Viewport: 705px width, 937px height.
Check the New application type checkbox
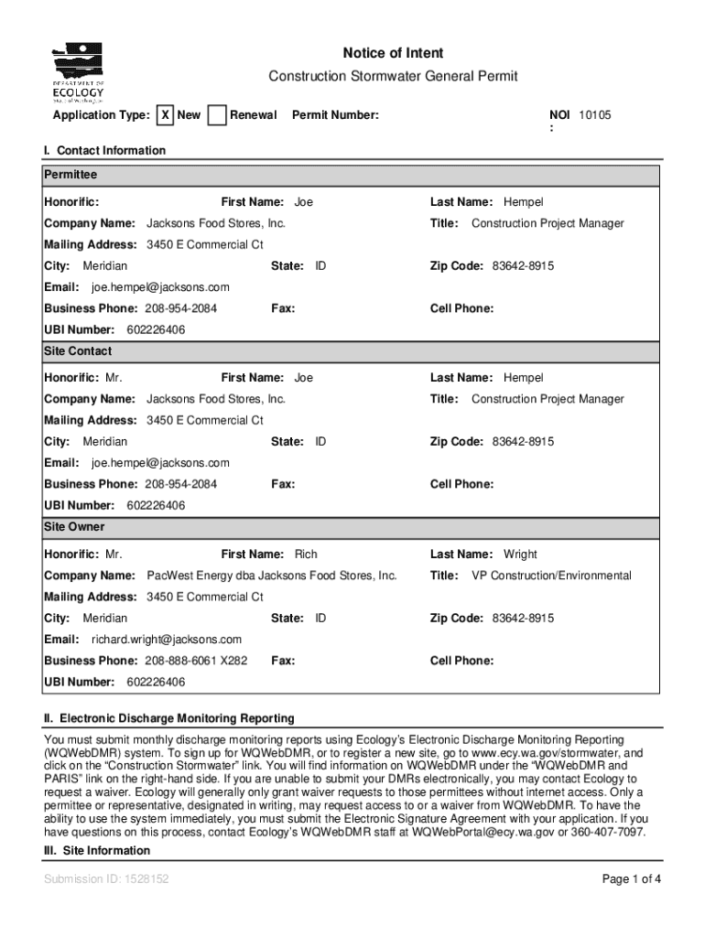click(165, 115)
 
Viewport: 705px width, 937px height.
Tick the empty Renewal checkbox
click(217, 115)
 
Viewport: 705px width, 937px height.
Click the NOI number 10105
click(594, 115)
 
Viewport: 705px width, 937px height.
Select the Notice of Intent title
click(393, 53)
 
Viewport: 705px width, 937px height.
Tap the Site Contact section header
click(78, 350)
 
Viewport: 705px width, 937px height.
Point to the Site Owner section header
click(74, 527)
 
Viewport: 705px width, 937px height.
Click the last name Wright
click(520, 555)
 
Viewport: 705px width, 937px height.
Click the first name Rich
click(306, 555)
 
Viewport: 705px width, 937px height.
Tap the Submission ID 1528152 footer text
click(106, 879)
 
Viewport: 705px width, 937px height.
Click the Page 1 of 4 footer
click(631, 879)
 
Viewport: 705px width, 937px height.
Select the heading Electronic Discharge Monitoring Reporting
click(177, 718)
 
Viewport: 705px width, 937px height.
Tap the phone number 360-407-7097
click(610, 833)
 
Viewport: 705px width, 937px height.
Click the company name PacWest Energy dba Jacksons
click(272, 576)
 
